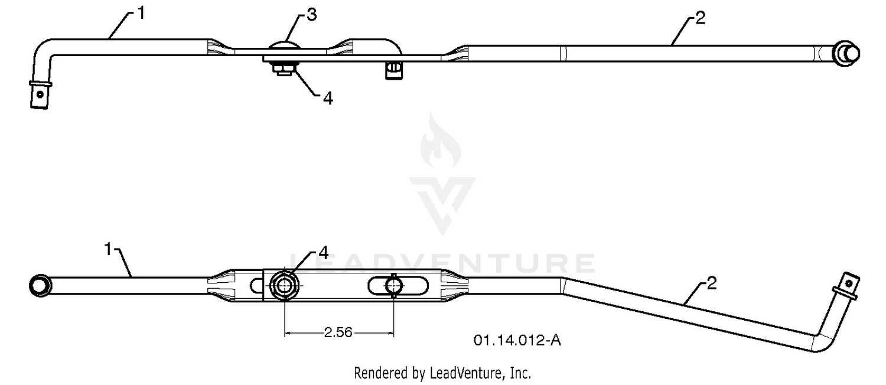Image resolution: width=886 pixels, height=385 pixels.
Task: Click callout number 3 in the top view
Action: (312, 15)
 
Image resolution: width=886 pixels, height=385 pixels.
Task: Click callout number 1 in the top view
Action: (141, 14)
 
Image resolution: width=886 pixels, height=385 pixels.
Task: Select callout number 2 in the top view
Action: (700, 18)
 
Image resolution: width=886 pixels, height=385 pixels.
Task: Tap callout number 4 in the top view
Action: (328, 98)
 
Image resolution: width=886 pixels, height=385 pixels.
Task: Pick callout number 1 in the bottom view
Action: (108, 249)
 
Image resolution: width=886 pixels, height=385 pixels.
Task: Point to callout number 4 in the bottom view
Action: (323, 253)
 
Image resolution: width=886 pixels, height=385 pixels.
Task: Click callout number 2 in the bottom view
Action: (711, 283)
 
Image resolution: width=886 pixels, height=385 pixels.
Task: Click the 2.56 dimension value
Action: (338, 332)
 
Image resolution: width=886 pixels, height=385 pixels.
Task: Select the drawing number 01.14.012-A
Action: (517, 340)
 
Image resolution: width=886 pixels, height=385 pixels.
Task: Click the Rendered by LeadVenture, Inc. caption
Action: (442, 373)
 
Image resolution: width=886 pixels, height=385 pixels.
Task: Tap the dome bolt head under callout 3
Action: (285, 45)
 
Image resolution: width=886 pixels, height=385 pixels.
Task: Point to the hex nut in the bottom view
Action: (284, 285)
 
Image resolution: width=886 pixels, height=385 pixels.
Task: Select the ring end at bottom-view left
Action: (40, 285)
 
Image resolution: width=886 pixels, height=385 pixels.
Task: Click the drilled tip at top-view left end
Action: (40, 94)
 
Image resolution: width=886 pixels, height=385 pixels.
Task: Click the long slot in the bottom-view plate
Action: (398, 286)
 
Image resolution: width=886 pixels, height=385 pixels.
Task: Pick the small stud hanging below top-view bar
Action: (393, 70)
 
